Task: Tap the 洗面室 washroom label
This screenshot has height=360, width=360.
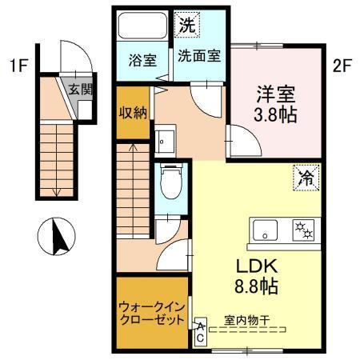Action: click(x=200, y=58)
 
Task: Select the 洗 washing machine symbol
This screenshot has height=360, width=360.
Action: click(x=186, y=25)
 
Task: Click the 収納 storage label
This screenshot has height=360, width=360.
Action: click(x=133, y=113)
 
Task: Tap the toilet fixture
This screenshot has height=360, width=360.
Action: click(x=170, y=182)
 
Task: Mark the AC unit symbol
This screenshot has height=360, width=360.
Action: click(x=200, y=332)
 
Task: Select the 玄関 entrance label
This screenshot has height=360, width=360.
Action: click(x=78, y=89)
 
